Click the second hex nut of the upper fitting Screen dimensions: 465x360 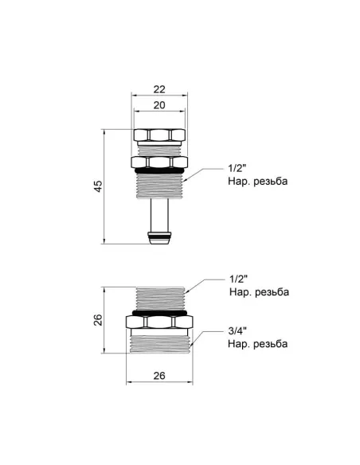(x=160, y=162)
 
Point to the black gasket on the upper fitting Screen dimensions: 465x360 (x=160, y=171)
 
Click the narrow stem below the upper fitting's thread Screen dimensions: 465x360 (x=160, y=214)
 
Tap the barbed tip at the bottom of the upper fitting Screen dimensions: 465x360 (x=160, y=236)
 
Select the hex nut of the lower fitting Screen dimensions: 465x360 (x=160, y=326)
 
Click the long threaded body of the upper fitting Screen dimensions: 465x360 (x=160, y=187)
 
